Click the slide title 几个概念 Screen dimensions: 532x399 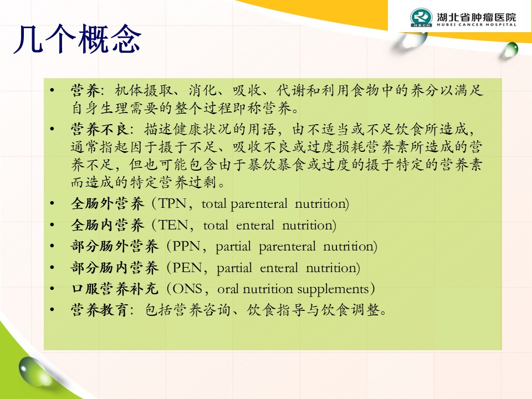pyautogui.click(x=78, y=39)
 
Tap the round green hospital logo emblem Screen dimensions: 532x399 pyautogui.click(x=421, y=18)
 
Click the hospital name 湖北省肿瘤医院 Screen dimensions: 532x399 pyautogui.click(x=477, y=17)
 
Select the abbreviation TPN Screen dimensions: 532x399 pyautogui.click(x=173, y=203)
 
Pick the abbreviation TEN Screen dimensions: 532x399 pyautogui.click(x=173, y=225)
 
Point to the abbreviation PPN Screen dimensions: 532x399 pyautogui.click(x=186, y=246)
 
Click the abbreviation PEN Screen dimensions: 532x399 pyautogui.click(x=187, y=268)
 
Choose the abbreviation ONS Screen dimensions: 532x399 pyautogui.click(x=187, y=289)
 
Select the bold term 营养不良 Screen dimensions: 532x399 pyautogui.click(x=100, y=129)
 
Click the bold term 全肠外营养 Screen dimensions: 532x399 pyautogui.click(x=107, y=203)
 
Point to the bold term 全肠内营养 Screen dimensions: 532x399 pyautogui.click(x=107, y=225)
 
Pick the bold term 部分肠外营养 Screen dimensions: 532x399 pyautogui.click(x=115, y=246)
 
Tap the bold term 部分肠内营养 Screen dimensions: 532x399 pyautogui.click(x=115, y=268)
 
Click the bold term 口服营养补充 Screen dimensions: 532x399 pyautogui.click(x=115, y=289)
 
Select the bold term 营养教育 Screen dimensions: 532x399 pyautogui.click(x=100, y=310)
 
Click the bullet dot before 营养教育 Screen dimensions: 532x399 pyautogui.click(x=52, y=310)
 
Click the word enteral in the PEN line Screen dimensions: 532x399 pyautogui.click(x=279, y=268)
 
